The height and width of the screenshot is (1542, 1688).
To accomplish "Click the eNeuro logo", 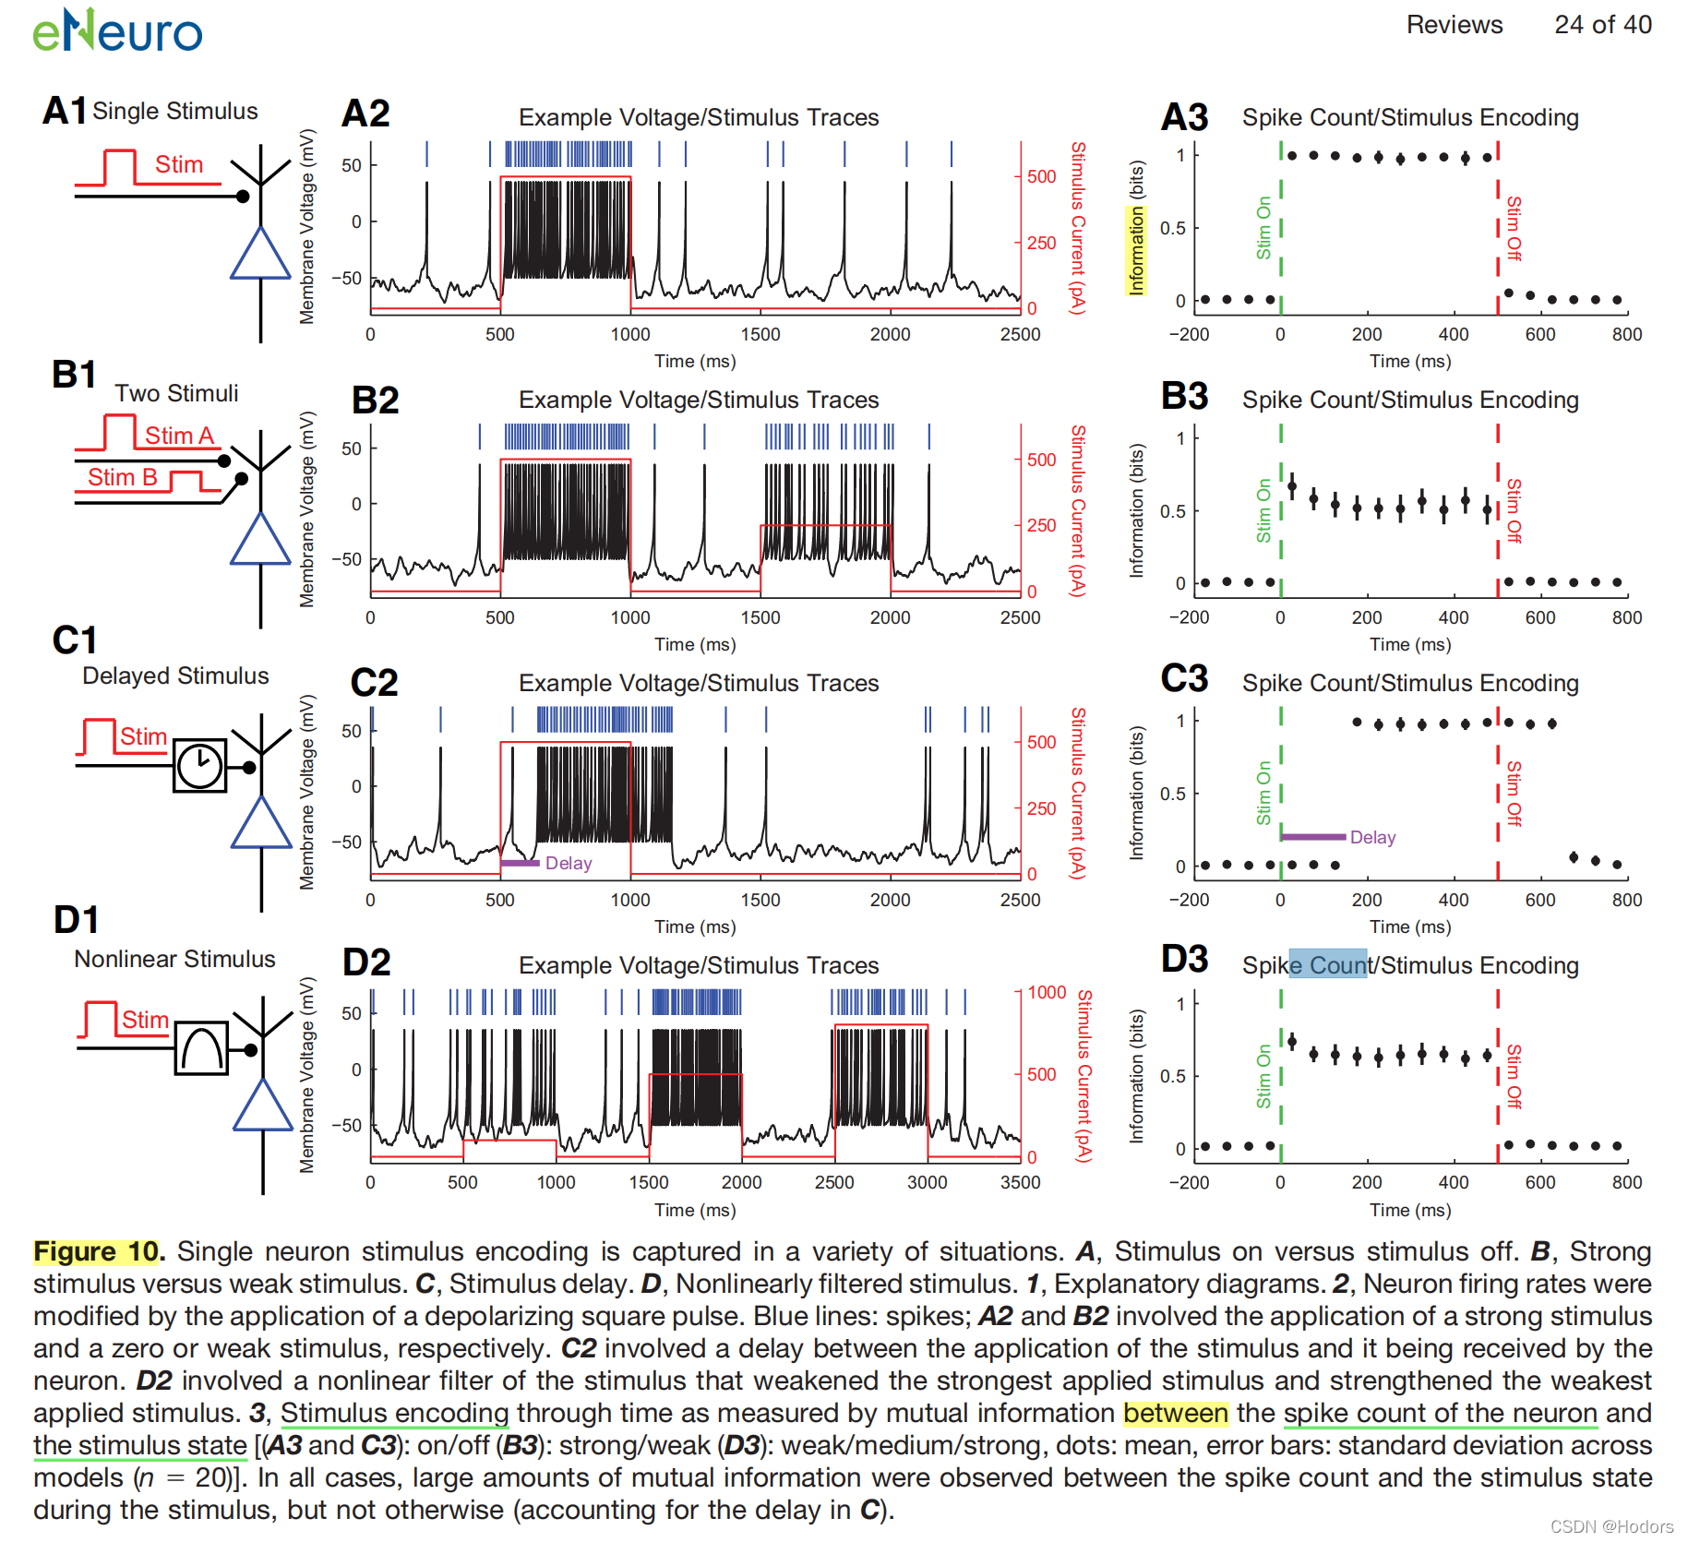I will click(x=117, y=30).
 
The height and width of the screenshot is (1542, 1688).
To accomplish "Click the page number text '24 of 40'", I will click(x=1602, y=25).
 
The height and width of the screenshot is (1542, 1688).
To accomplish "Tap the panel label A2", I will click(x=365, y=114).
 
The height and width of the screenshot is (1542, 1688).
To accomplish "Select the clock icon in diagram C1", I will click(x=199, y=765).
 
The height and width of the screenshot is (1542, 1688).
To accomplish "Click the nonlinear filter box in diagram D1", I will click(x=201, y=1048).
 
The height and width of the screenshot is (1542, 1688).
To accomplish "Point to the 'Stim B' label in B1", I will click(x=122, y=477).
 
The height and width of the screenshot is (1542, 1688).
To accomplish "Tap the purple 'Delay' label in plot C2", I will click(x=568, y=863).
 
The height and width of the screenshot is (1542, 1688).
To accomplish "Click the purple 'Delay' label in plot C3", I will click(x=1372, y=837).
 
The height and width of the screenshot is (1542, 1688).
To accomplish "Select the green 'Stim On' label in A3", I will click(x=1263, y=228).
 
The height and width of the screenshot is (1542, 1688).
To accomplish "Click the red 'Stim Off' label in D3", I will click(x=1514, y=1076).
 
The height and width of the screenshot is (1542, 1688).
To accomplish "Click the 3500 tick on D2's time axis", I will click(x=1020, y=1182).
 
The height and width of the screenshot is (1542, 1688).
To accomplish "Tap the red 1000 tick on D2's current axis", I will click(x=1047, y=992).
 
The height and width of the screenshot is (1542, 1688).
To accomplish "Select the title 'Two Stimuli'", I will click(x=176, y=393).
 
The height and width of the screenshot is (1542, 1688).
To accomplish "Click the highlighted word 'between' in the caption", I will click(x=1175, y=1413).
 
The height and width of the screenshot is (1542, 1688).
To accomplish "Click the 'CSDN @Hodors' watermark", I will click(x=1611, y=1526).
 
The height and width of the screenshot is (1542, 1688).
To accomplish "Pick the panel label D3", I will click(x=1184, y=959).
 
